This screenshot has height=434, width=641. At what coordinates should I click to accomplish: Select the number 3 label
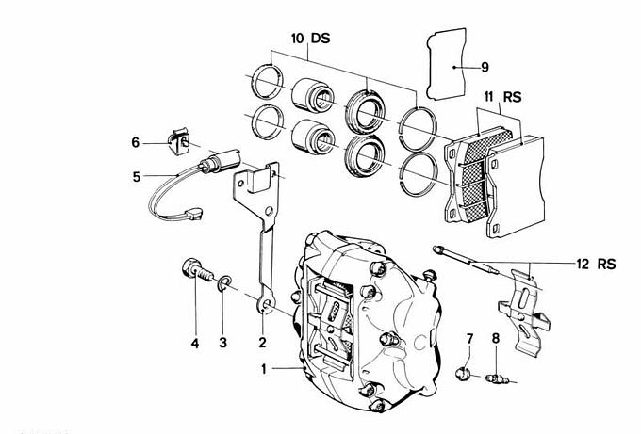[x=223, y=343]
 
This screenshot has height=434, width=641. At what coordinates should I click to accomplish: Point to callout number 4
[x=195, y=343]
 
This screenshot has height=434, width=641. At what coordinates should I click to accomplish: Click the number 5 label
[x=136, y=175]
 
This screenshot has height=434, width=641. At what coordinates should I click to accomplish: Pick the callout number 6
[x=136, y=143]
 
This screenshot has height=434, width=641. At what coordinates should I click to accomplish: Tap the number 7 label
[x=469, y=338]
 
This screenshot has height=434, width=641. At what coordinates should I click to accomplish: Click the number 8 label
[x=496, y=338]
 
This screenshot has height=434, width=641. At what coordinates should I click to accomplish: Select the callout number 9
[x=484, y=68]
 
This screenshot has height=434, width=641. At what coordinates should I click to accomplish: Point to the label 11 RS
[x=500, y=97]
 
